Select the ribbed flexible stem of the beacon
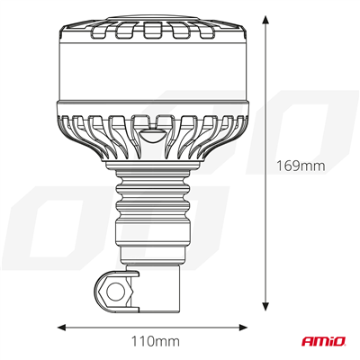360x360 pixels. [x=154, y=206]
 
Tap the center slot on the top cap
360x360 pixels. [x=154, y=32]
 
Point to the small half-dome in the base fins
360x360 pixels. [x=154, y=137]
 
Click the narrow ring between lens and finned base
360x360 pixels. [x=154, y=107]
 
